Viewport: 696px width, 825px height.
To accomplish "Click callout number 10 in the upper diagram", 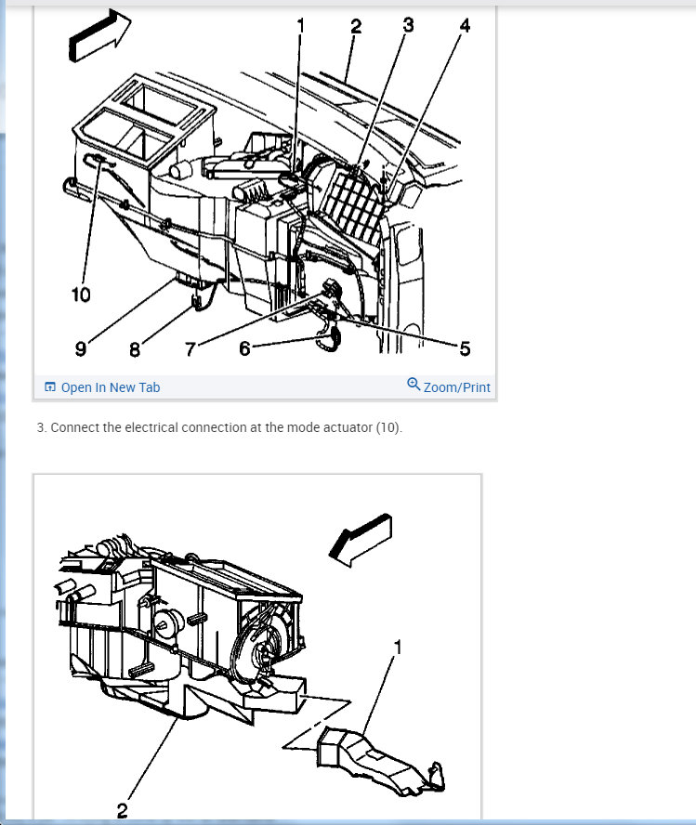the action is point(81,295).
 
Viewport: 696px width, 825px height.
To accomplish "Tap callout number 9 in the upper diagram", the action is point(81,348).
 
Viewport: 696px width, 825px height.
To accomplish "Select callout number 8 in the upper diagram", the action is point(135,349).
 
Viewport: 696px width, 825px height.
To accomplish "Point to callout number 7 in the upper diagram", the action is point(190,348).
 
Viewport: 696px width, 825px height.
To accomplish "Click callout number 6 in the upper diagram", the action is point(244,348).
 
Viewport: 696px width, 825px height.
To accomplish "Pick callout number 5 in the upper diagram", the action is point(465,348).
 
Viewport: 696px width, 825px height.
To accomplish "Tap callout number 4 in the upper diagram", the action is point(465,25).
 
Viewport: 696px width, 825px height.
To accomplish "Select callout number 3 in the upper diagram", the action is point(408,25).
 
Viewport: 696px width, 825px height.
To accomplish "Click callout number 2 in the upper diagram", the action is point(356,26).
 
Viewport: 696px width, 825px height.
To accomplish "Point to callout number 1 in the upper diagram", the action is point(300,25).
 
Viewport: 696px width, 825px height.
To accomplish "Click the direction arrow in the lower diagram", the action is point(361,540).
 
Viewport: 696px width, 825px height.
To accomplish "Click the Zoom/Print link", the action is point(456,387).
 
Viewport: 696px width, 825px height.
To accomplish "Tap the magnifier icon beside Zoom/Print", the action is point(414,384).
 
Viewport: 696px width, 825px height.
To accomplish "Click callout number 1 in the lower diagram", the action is point(398,648).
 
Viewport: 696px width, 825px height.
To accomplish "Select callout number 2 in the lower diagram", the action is point(122,810).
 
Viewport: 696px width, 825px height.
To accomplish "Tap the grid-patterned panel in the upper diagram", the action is point(353,206).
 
